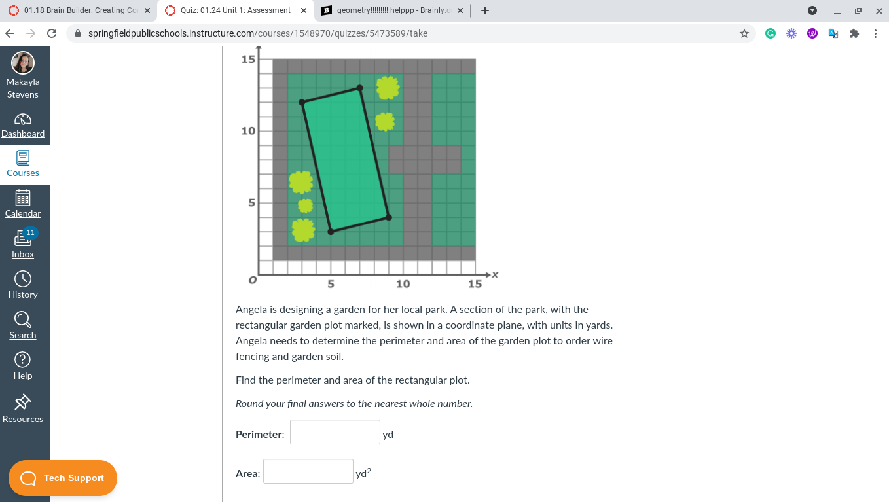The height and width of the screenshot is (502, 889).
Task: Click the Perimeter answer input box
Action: (x=335, y=432)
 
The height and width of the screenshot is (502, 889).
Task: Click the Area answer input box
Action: (x=308, y=471)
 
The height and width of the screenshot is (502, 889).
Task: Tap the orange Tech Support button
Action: (x=63, y=478)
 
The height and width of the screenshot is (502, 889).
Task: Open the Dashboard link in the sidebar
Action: (x=23, y=134)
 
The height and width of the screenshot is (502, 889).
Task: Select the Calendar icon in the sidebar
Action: (x=23, y=198)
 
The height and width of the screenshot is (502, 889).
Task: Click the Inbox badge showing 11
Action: (x=30, y=233)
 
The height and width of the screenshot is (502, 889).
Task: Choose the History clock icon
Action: (x=23, y=279)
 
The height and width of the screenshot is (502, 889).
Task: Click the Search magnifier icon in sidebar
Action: (x=23, y=319)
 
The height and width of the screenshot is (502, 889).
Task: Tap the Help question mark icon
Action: (x=23, y=360)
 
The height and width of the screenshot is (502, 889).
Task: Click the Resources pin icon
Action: (x=23, y=401)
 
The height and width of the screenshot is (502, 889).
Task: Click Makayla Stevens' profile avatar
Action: (x=23, y=63)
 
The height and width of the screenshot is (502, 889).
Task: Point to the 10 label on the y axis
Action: (x=248, y=131)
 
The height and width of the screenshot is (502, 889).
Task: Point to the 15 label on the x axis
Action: (x=475, y=284)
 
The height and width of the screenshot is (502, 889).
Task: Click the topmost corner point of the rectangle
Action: (x=359, y=88)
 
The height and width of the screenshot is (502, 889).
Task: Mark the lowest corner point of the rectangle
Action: (x=331, y=232)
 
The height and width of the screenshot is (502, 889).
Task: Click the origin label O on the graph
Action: (x=251, y=280)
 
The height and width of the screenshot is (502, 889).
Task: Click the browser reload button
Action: (x=52, y=33)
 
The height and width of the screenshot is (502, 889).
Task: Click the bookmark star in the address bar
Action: (x=744, y=33)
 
